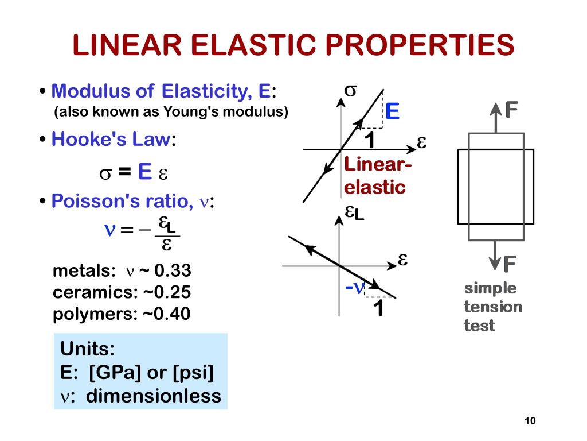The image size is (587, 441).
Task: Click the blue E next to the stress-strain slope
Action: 392,111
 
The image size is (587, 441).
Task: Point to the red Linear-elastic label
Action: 377,176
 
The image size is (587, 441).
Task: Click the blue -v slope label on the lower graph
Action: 355,288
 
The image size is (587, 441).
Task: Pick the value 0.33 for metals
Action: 173,271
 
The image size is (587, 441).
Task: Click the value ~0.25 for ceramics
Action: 166,292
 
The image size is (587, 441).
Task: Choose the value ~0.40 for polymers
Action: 166,314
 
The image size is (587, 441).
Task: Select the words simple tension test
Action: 492,307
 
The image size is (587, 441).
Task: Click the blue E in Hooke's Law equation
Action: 144,172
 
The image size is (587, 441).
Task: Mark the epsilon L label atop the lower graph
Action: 354,213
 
